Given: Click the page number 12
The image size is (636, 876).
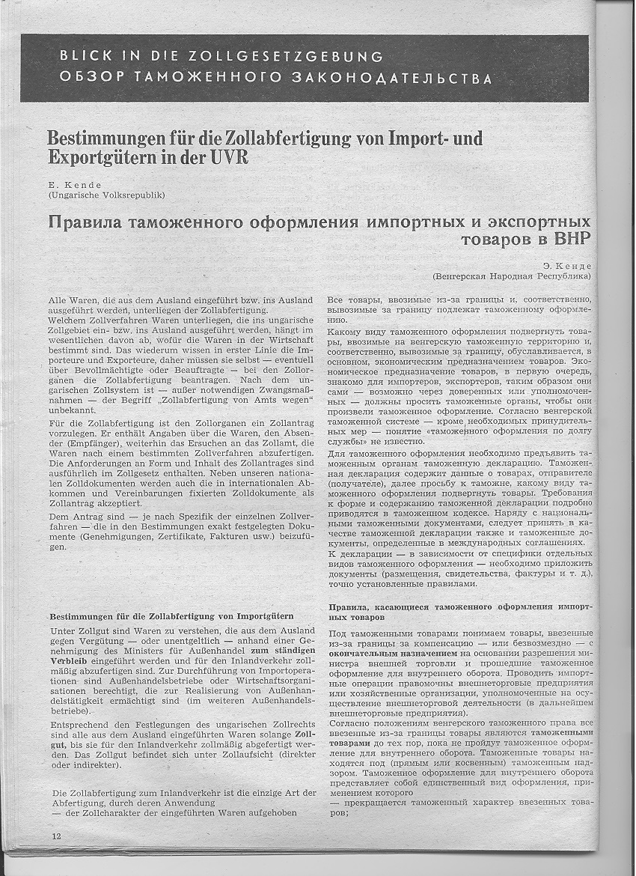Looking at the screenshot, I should point(56,835).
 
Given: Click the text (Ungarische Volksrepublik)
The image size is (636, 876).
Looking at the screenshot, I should point(106,195).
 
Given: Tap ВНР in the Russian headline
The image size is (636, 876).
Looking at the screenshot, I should point(573,240).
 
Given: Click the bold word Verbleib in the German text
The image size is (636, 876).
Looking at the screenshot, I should point(70,663).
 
